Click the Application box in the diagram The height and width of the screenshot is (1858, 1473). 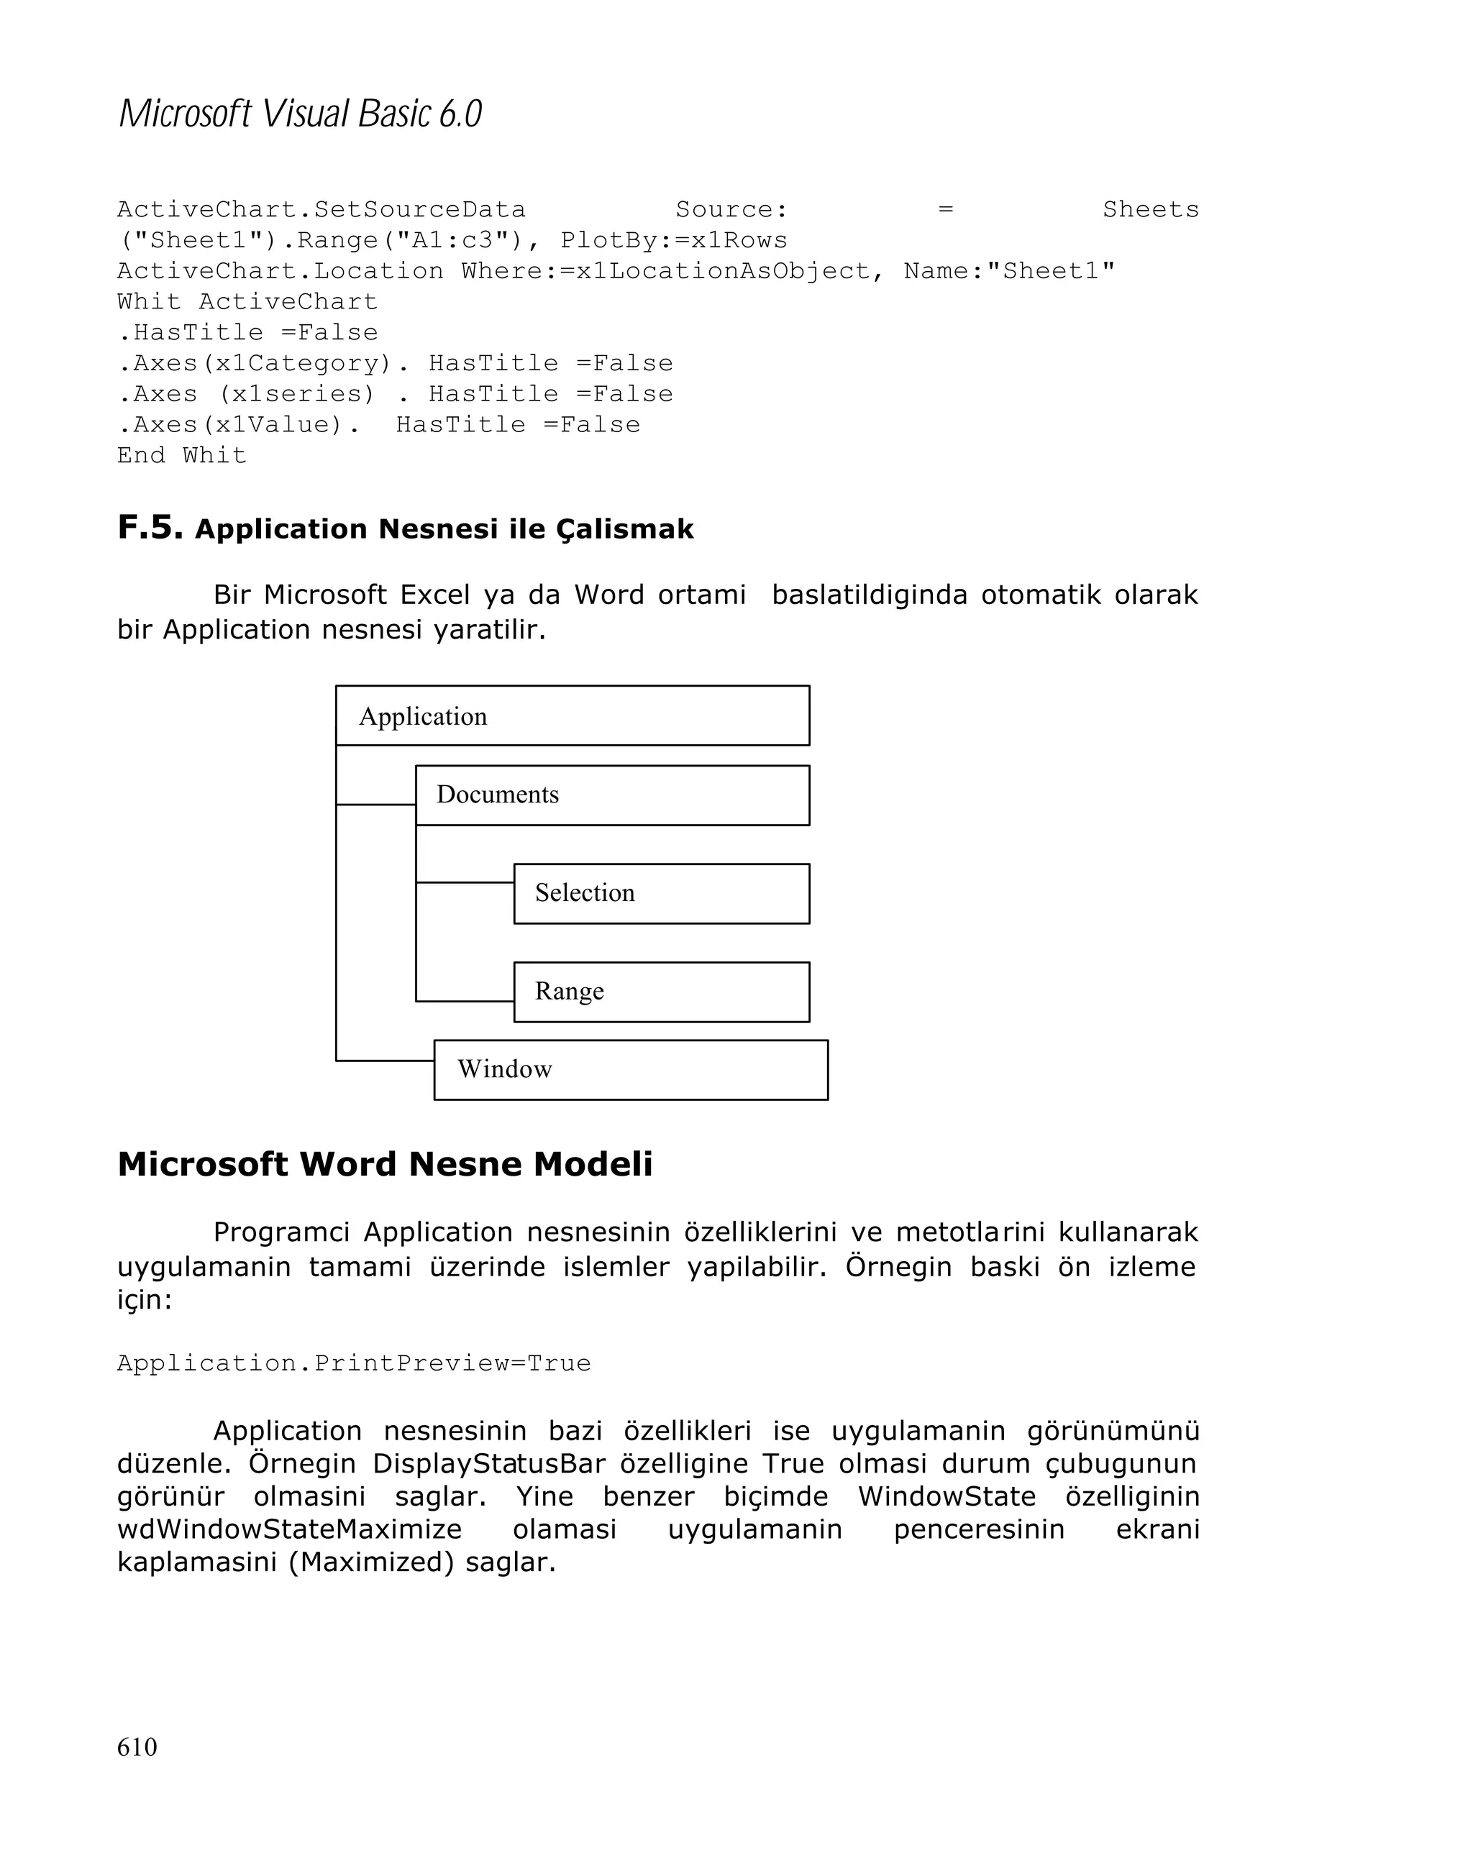pos(572,715)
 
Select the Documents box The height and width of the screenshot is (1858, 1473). pos(612,795)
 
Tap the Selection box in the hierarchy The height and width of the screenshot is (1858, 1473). pos(661,893)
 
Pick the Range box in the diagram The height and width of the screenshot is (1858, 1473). pos(661,991)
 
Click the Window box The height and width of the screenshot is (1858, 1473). pos(630,1069)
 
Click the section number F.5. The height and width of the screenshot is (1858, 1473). pos(150,526)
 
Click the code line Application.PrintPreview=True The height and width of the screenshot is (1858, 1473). pos(353,1363)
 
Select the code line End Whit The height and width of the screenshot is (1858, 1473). pos(182,455)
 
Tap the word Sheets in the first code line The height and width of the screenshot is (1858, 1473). pos(1150,209)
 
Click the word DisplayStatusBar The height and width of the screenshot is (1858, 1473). pos(488,1463)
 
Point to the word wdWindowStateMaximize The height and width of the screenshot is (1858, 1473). pos(290,1529)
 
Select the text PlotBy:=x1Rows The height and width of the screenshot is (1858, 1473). pos(673,240)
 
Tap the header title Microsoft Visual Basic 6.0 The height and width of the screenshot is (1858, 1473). pos(300,114)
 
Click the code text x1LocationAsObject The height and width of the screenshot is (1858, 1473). pos(722,270)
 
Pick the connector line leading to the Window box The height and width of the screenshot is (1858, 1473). pos(384,1060)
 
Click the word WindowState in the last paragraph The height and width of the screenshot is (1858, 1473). pos(947,1496)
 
